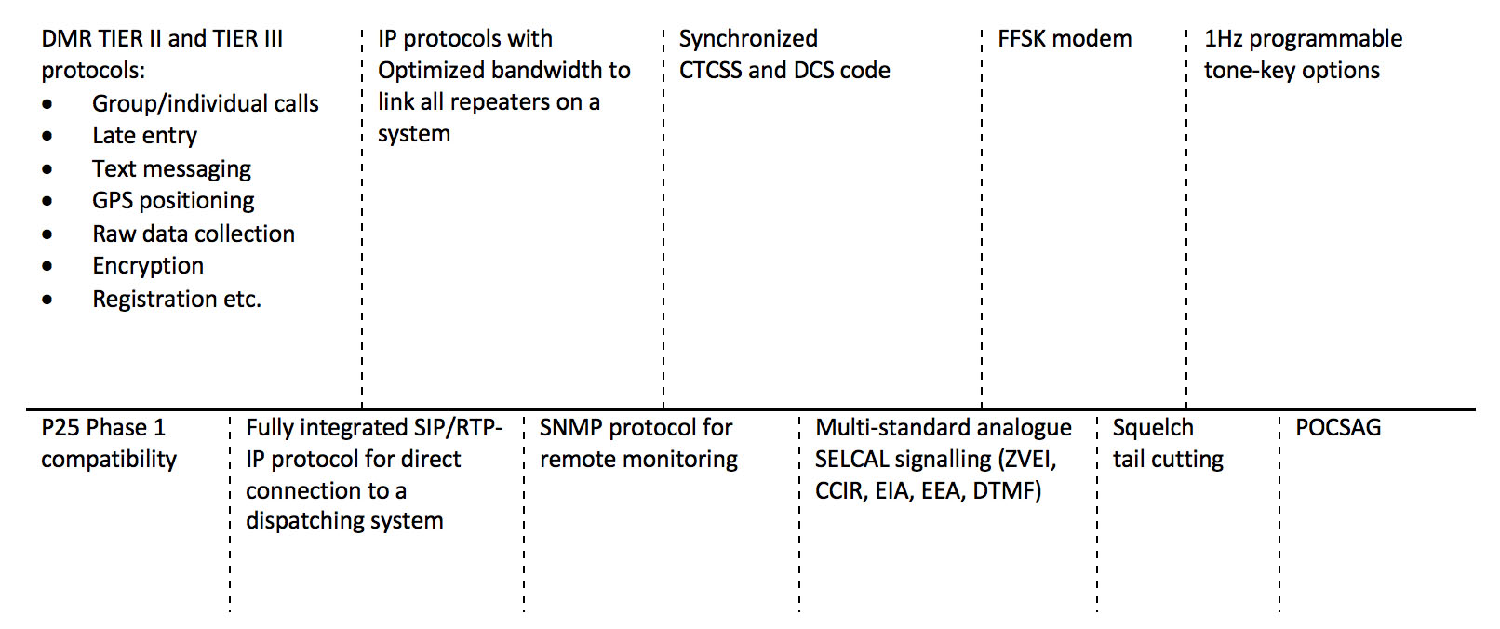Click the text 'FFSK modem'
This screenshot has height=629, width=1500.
click(1065, 39)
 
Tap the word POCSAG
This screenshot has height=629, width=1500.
click(1338, 428)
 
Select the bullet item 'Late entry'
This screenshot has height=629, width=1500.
click(144, 136)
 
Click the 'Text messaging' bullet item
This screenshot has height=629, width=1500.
click(171, 169)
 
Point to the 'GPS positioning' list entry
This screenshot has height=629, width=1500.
click(173, 201)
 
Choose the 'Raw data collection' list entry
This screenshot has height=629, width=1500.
click(194, 234)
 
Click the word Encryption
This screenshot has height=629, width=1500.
click(148, 266)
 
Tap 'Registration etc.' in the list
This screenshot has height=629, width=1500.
click(177, 300)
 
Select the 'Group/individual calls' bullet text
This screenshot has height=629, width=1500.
click(205, 104)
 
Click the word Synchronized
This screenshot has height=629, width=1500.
click(748, 39)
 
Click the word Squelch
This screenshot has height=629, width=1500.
click(1153, 428)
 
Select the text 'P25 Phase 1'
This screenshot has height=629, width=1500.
click(103, 428)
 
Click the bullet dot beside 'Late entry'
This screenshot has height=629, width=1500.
click(47, 137)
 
